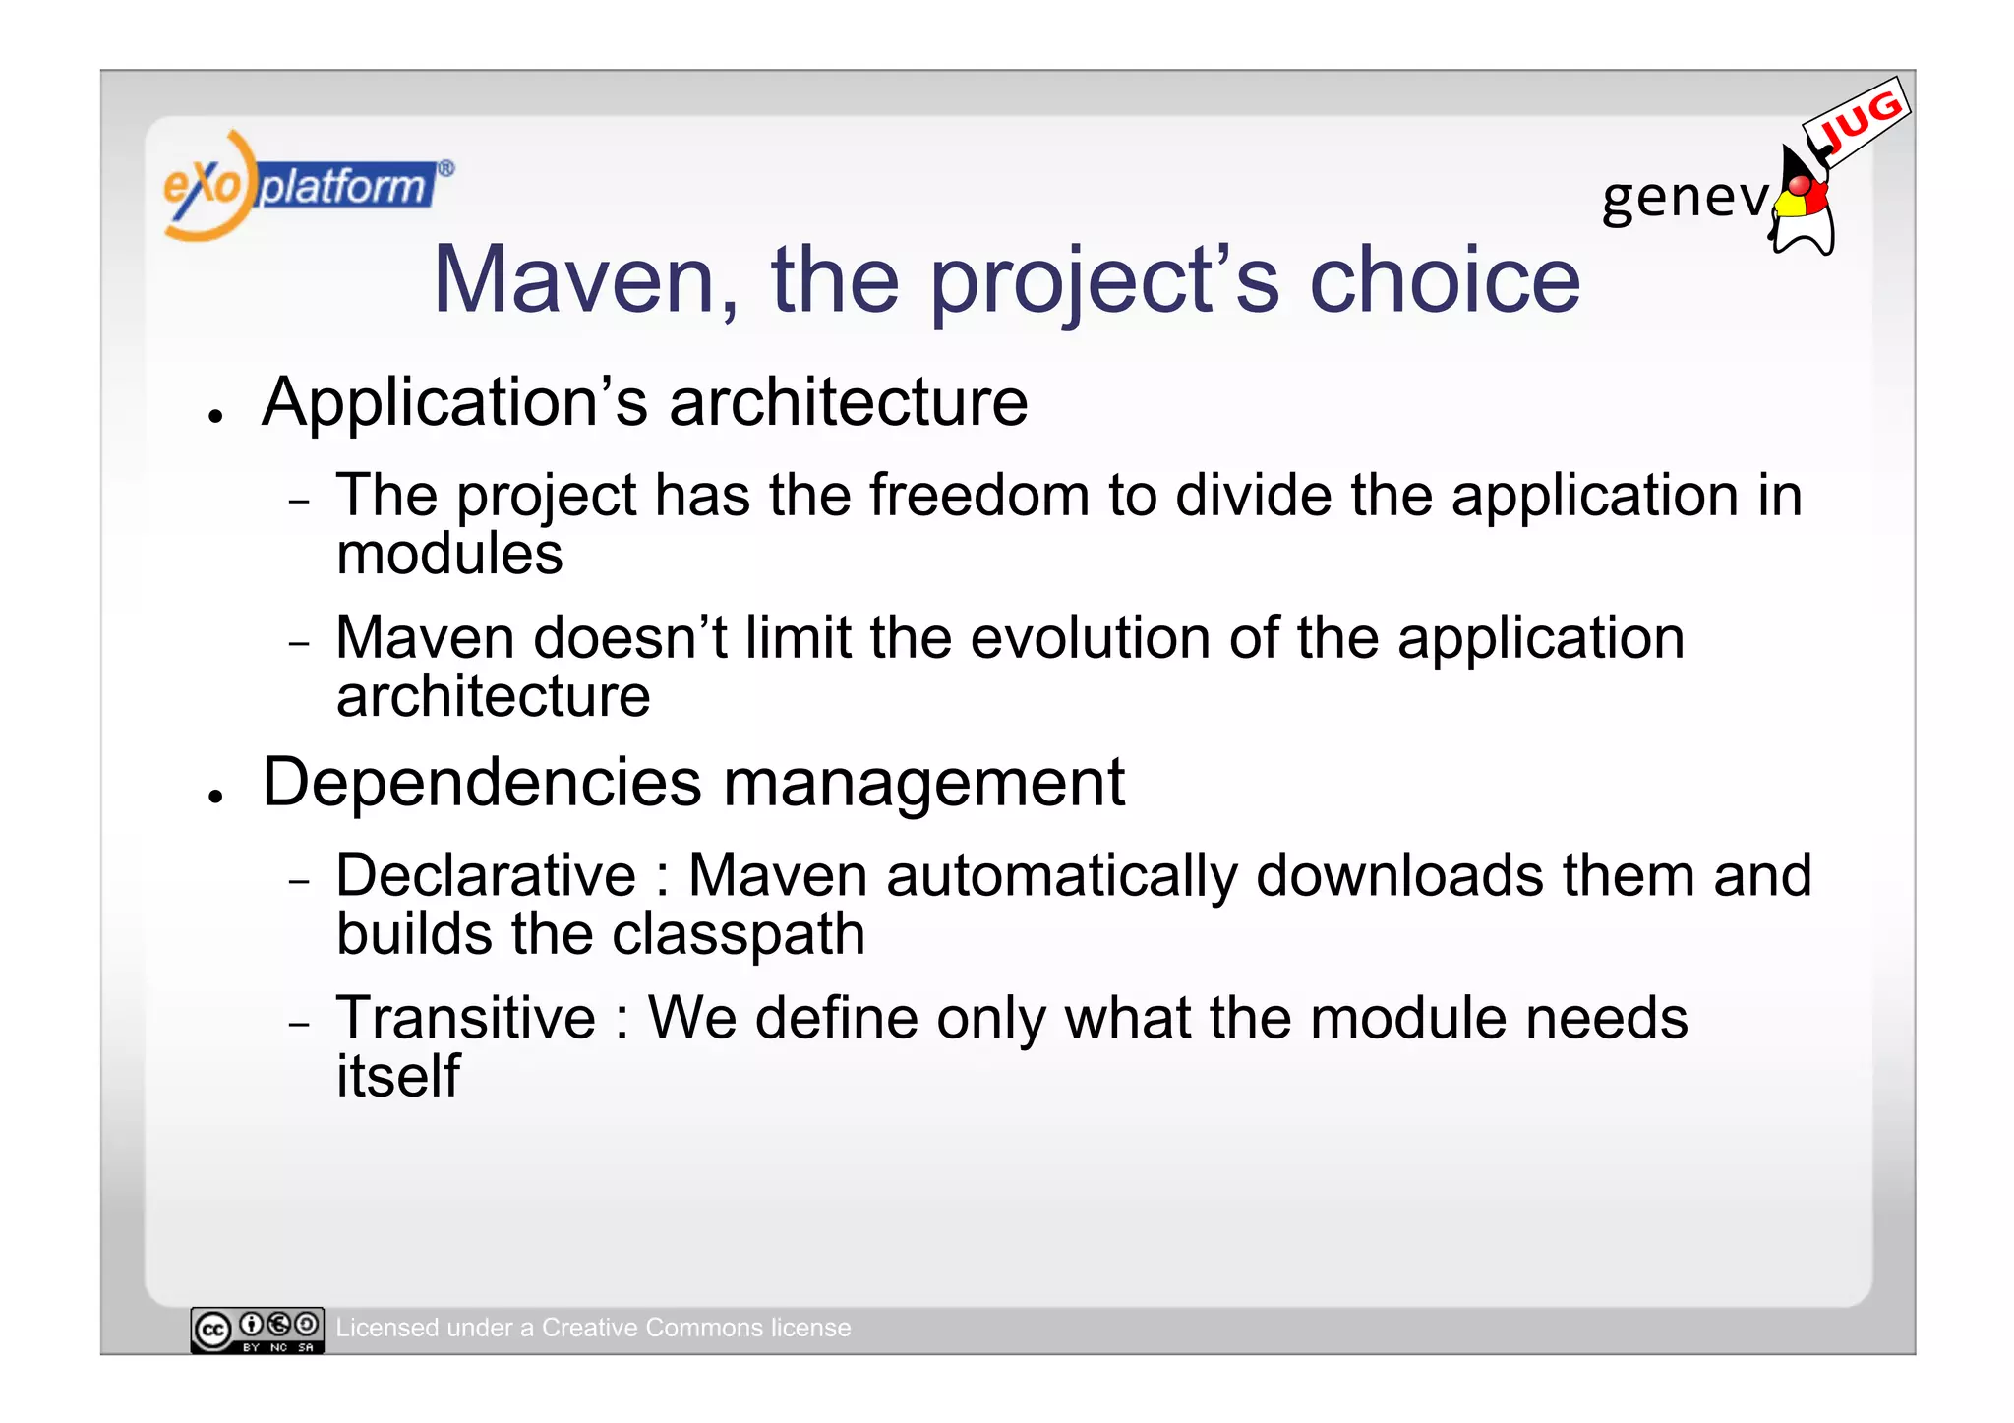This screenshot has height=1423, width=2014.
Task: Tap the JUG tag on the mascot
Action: point(1857,122)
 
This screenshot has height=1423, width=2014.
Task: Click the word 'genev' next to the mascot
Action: point(1685,198)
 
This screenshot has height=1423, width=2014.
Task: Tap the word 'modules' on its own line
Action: point(449,554)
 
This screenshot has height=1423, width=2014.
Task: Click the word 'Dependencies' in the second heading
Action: point(482,783)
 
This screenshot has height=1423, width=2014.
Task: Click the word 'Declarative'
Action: point(486,875)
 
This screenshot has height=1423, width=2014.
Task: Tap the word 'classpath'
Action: point(738,933)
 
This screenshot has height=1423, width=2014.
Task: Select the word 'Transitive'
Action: point(465,1018)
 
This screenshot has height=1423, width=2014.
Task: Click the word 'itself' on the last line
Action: point(397,1076)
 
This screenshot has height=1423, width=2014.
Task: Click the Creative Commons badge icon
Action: point(257,1330)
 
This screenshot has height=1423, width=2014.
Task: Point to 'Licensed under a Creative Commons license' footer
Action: point(593,1328)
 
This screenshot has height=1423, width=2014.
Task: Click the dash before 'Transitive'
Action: point(299,1024)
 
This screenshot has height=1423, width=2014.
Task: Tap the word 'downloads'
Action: point(1400,875)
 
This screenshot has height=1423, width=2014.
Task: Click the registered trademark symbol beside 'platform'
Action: point(445,168)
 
